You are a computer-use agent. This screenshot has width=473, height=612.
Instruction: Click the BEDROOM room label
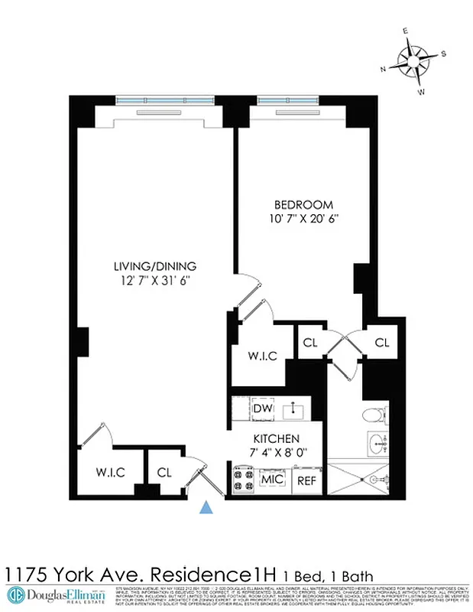click(303, 204)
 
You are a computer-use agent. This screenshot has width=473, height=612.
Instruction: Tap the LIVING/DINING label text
click(155, 266)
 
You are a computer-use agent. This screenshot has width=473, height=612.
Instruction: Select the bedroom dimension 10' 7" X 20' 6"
click(303, 218)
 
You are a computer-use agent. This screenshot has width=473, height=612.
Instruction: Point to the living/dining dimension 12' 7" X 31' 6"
click(155, 280)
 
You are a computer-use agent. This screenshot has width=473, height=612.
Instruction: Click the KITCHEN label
click(276, 439)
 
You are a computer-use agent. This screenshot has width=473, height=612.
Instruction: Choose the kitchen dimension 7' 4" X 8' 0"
click(276, 452)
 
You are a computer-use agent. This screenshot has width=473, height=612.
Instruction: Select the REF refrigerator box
click(306, 481)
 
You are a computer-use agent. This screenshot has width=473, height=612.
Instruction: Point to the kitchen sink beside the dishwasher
click(293, 410)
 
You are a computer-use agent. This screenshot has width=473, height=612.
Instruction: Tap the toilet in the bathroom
click(373, 417)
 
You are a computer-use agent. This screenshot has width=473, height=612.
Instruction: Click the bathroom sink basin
click(377, 442)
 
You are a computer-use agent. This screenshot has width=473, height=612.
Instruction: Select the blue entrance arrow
click(206, 506)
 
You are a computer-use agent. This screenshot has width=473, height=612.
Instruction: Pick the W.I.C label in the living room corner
click(109, 473)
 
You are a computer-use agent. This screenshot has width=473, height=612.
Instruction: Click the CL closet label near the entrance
click(164, 473)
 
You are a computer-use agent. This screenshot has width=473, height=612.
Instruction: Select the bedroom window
click(291, 100)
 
